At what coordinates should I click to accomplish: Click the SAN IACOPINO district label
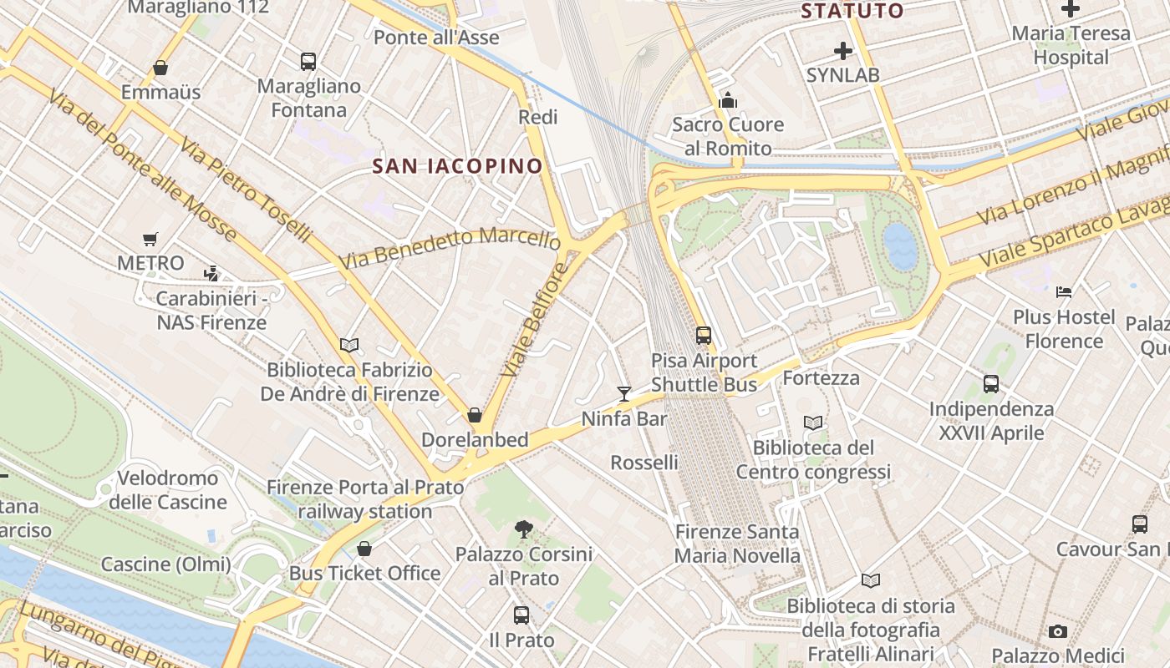pos(457,166)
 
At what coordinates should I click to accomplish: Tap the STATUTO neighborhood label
pos(852,11)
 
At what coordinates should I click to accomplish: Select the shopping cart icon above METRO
pos(150,240)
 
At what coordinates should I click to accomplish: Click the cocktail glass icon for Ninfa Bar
pos(623,393)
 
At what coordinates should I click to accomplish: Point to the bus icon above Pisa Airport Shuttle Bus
pos(704,336)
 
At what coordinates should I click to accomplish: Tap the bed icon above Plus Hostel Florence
pos(1064,292)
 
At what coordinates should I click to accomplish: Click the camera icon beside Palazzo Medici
pos(1058,631)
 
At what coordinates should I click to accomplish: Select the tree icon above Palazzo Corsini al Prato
pos(524,529)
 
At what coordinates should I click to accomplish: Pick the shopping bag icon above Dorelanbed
pos(475,415)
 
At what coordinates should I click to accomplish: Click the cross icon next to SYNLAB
pos(843,51)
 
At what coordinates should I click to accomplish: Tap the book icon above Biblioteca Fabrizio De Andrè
pos(349,345)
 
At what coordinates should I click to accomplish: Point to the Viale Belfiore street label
pos(536,320)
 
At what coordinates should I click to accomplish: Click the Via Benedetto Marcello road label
pos(450,247)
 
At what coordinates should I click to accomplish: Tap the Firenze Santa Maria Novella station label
pos(737,544)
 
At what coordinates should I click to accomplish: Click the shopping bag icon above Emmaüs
pos(160,68)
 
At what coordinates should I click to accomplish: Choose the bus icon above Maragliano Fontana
pos(308,61)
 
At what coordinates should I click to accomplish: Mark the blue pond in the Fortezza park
pos(900,246)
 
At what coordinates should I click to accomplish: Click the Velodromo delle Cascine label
pos(168,490)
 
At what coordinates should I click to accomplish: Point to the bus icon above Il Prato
pos(521,615)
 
